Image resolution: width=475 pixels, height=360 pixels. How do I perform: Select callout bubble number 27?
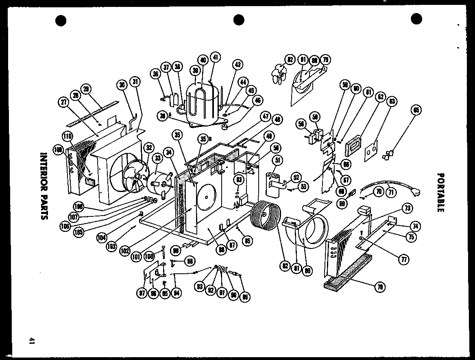pos(64,103)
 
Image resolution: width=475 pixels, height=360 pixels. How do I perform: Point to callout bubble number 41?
pos(215,58)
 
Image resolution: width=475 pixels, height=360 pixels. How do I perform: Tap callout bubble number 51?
pos(278,160)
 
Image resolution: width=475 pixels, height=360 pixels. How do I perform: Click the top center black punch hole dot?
pos(239,19)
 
